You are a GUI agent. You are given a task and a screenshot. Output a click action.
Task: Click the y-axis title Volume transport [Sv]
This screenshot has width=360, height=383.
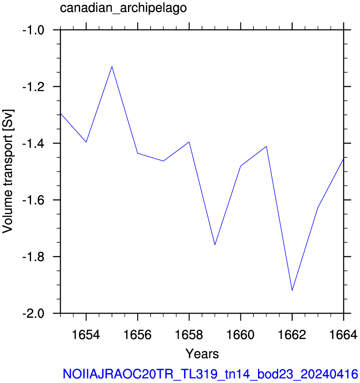pyautogui.click(x=8, y=171)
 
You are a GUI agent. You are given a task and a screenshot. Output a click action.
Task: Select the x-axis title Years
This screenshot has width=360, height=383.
pyautogui.click(x=202, y=354)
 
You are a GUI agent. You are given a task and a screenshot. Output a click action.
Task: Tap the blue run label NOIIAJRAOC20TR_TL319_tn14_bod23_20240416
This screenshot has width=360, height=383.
pyautogui.click(x=210, y=374)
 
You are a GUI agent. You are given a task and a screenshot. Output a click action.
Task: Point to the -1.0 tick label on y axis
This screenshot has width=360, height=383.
pyautogui.click(x=33, y=30)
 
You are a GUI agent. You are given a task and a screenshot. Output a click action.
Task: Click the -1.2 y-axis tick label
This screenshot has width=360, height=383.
pyautogui.click(x=33, y=87)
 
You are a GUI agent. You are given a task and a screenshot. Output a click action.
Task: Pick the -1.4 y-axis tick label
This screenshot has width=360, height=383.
pyautogui.click(x=33, y=144)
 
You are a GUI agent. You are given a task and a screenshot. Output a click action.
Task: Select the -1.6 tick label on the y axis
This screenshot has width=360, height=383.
pyautogui.click(x=33, y=200)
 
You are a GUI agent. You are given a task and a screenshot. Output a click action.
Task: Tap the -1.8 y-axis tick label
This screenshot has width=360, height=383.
pyautogui.click(x=33, y=257)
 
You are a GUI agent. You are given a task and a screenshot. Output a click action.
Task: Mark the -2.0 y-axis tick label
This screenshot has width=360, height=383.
pyautogui.click(x=33, y=314)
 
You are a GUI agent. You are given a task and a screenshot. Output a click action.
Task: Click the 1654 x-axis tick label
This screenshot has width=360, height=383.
pyautogui.click(x=86, y=334)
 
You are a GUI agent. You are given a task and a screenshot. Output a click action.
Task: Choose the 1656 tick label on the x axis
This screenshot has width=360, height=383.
pyautogui.click(x=138, y=334)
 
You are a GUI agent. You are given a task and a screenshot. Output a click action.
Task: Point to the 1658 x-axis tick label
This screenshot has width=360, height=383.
pyautogui.click(x=189, y=334)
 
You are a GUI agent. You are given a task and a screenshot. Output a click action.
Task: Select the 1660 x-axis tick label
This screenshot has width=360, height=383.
pyautogui.click(x=241, y=334)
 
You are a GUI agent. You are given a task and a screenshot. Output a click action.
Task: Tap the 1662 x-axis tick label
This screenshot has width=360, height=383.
pyautogui.click(x=292, y=334)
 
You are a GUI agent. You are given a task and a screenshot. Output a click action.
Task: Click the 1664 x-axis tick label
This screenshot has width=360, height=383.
pyautogui.click(x=344, y=334)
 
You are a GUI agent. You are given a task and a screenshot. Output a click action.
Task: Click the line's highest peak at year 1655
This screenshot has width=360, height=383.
pyautogui.click(x=112, y=66)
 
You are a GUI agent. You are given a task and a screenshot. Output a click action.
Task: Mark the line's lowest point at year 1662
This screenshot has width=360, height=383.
pyautogui.click(x=292, y=291)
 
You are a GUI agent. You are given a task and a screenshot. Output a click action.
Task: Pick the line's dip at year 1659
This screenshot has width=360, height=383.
pyautogui.click(x=215, y=245)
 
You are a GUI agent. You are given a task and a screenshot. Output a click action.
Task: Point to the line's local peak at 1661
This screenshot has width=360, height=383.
pyautogui.click(x=266, y=146)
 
